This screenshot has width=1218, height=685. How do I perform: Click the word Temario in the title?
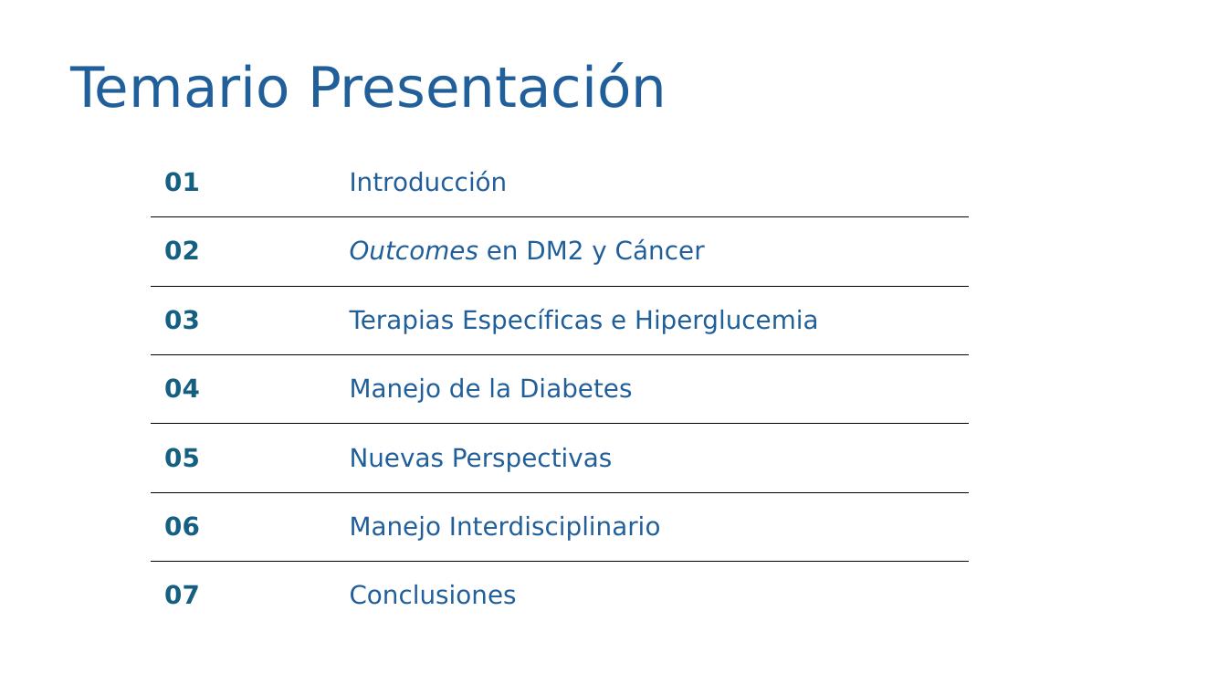coord(179,89)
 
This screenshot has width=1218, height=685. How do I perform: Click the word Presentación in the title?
coord(488,86)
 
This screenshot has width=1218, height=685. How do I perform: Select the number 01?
coord(182,183)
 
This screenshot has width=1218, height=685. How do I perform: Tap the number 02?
coord(182,251)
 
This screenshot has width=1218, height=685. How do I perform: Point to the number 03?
coord(182,320)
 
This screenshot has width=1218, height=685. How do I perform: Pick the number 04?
coord(182,388)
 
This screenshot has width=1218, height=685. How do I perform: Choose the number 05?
coord(182,458)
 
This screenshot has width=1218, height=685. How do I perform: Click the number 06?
coord(182,526)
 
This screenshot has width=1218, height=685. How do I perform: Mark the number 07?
coord(182,595)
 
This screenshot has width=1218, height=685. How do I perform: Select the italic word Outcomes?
coord(414,251)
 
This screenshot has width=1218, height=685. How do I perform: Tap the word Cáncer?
coord(659,250)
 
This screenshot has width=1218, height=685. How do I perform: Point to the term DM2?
coord(554,251)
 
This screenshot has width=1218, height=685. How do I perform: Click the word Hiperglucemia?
coord(727,321)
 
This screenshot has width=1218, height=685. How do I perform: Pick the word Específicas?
coord(532,321)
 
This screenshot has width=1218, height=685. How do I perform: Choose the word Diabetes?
coord(576,388)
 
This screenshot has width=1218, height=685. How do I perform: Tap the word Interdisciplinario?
coord(554,527)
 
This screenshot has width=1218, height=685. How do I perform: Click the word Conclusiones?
coord(433,595)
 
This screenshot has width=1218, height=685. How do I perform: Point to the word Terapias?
coord(402,321)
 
